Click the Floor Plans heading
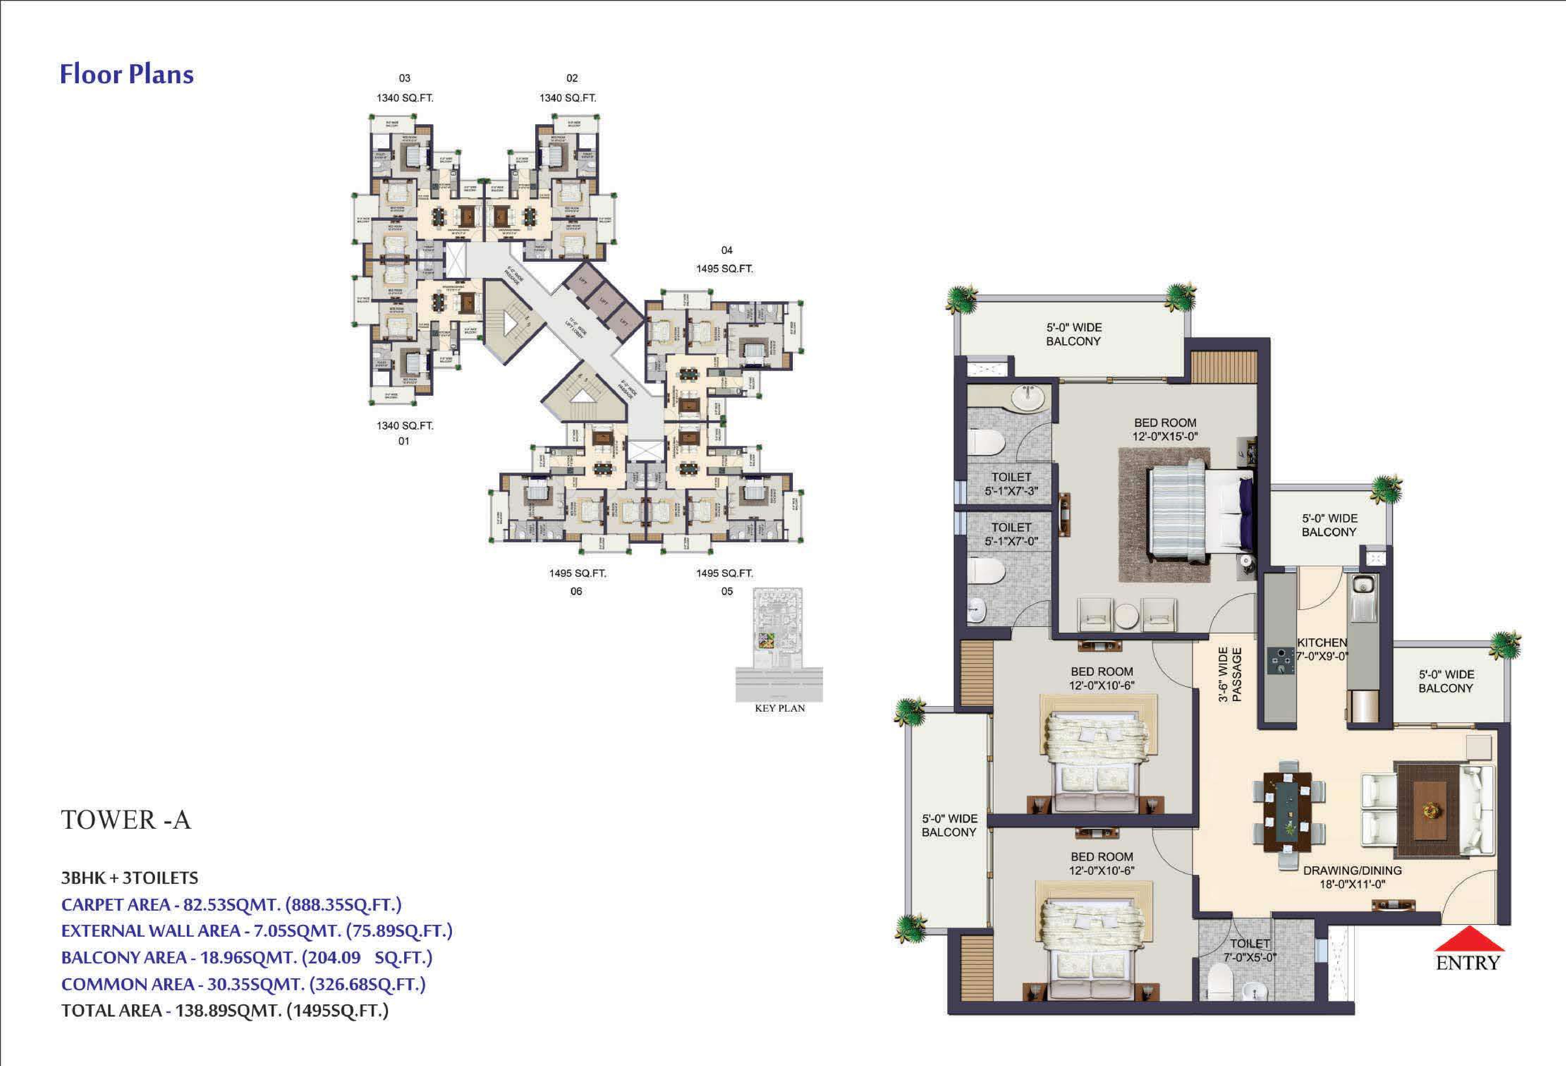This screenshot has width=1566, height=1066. pos(127,74)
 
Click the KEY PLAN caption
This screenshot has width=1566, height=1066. pos(780,708)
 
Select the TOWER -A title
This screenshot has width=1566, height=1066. pos(126,820)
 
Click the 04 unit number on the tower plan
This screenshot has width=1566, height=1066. pos(726,250)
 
